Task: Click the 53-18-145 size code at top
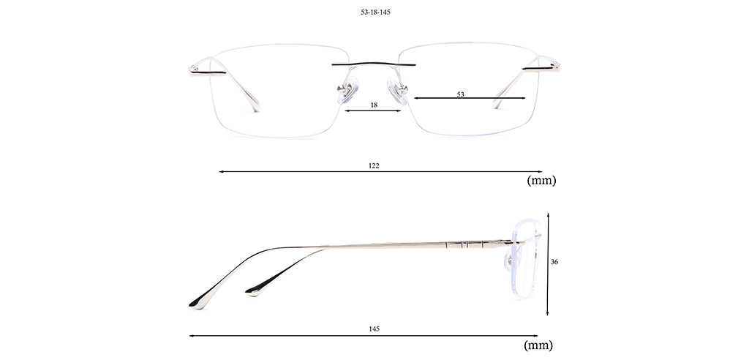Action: pos(375,12)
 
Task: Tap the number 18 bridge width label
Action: pos(374,105)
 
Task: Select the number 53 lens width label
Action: pos(461,94)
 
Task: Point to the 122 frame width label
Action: pos(374,165)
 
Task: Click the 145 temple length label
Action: pos(374,329)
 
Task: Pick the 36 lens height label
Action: pos(554,262)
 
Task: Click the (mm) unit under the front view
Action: pos(542,181)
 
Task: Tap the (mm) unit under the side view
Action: pos(538,345)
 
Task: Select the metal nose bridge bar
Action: pos(374,64)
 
